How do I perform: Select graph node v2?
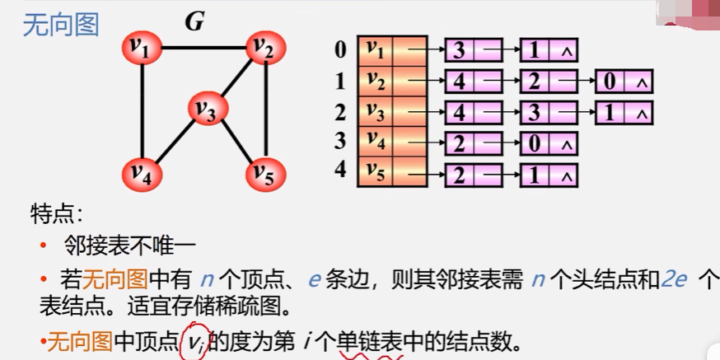click(x=263, y=49)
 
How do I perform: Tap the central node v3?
click(x=207, y=108)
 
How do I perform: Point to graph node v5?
click(x=264, y=173)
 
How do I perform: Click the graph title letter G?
click(x=194, y=22)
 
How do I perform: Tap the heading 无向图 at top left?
click(x=61, y=25)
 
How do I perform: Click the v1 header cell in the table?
click(x=376, y=50)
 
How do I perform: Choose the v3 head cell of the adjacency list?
click(x=376, y=111)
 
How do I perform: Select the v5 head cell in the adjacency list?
click(x=376, y=174)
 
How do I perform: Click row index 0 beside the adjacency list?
click(x=340, y=50)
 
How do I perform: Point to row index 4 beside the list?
click(x=340, y=174)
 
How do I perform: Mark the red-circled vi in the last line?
click(x=194, y=340)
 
